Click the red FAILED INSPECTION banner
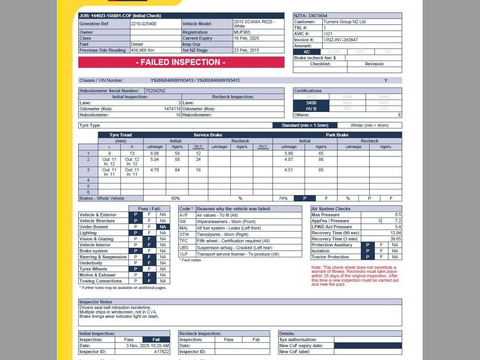coord(181,62)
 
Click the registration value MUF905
coord(242,32)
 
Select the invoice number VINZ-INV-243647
coord(340,40)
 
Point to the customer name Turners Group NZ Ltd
coord(344,22)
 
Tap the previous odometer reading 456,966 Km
coord(143,51)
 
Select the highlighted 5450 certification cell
coord(311,103)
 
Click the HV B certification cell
coord(311,109)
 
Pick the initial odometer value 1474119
coord(172,109)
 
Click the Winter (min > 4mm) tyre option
coord(369,125)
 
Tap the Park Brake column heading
coord(337,135)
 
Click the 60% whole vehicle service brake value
coord(176,199)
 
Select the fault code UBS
coord(184,248)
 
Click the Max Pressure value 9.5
coord(397,215)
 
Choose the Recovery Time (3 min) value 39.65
coord(395,239)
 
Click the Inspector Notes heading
coord(96,302)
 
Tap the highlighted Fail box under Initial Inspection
coord(156,340)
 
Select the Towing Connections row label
coord(100,281)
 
